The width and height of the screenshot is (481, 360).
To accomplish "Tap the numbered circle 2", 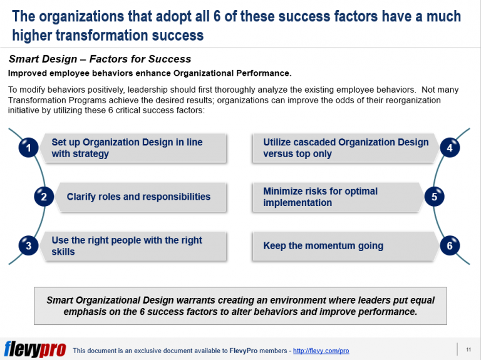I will (x=43, y=197).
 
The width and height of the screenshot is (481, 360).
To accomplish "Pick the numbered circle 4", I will (x=449, y=148).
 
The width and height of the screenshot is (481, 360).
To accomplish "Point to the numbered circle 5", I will (x=434, y=197).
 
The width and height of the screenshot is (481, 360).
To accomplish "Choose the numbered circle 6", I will (x=449, y=246).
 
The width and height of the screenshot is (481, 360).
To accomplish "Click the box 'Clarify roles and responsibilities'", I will (x=138, y=197).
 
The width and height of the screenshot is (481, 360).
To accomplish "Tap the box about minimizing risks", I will (x=338, y=197).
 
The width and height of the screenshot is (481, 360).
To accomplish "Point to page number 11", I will (x=468, y=349).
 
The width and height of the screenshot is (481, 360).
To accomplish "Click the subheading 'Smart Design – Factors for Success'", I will (x=100, y=59).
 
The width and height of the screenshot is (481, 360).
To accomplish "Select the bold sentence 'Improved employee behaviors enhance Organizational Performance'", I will (x=150, y=73).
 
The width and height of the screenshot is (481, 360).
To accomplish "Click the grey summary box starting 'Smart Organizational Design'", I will (x=240, y=306).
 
